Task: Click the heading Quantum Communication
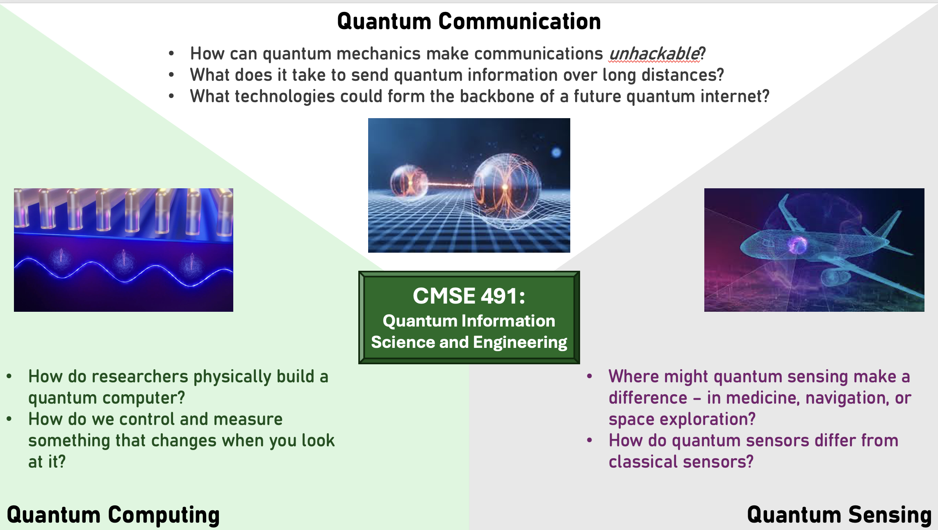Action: (469, 21)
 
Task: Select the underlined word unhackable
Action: (654, 54)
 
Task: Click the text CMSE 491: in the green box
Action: (469, 296)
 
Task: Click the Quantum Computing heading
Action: (113, 515)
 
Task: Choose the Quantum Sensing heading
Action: (839, 515)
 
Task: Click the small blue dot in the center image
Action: (556, 153)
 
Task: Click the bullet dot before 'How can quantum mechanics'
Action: (171, 53)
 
